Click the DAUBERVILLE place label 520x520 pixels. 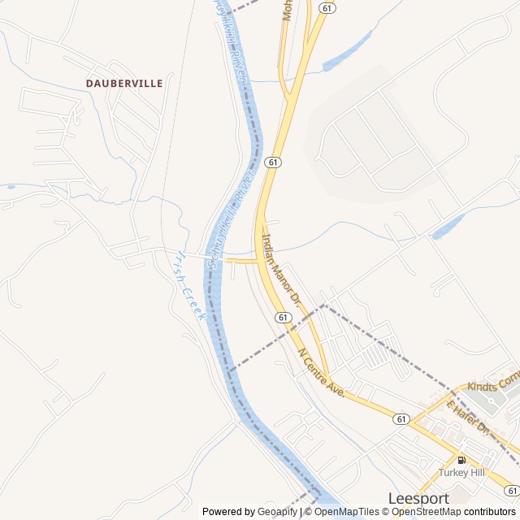pyautogui.click(x=124, y=83)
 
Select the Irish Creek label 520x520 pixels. pyautogui.click(x=189, y=284)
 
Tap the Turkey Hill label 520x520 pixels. pyautogui.click(x=461, y=472)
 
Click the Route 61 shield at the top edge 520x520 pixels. pyautogui.click(x=327, y=7)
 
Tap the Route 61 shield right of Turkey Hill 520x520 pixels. pyautogui.click(x=510, y=490)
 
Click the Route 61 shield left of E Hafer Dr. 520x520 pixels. pyautogui.click(x=401, y=418)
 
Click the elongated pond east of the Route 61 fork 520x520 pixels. pyautogui.click(x=347, y=54)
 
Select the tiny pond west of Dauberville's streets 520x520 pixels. pyautogui.click(x=11, y=187)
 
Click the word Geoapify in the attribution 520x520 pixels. pyautogui.click(x=278, y=512)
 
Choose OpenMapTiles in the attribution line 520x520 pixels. pyautogui.click(x=347, y=512)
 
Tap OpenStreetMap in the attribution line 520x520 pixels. pyautogui.click(x=426, y=512)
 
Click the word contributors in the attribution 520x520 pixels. pyautogui.click(x=490, y=512)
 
